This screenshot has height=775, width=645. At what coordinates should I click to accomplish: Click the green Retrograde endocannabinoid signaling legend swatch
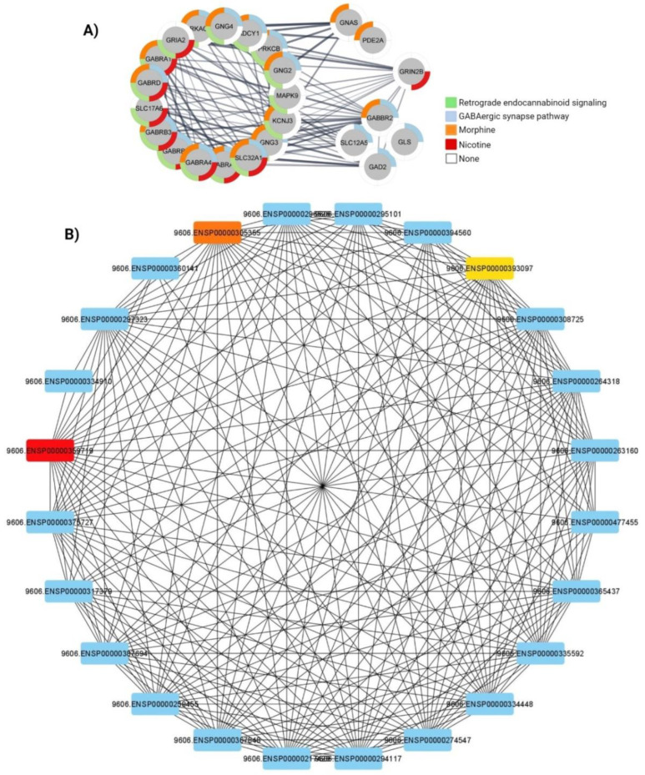point(451,102)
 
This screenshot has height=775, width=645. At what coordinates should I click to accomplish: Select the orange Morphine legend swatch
point(451,130)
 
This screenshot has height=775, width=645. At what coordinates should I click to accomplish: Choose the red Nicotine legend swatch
point(451,144)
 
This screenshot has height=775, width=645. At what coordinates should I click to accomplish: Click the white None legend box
point(451,159)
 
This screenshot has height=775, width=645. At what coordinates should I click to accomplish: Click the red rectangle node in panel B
point(50,450)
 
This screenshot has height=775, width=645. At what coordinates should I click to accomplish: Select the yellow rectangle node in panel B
point(489,268)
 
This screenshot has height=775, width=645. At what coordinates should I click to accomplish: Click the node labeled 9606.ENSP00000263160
point(594,450)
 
